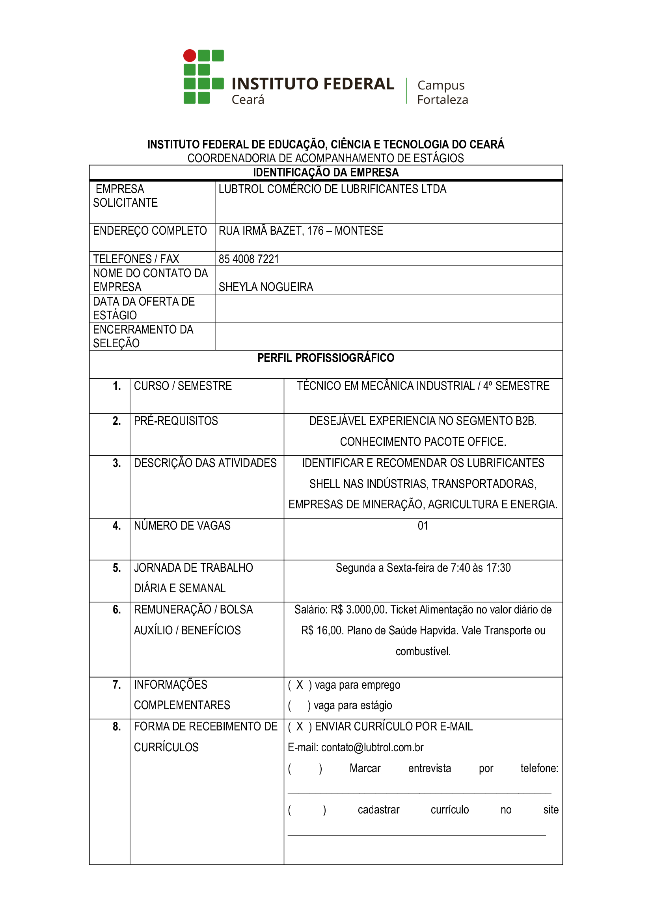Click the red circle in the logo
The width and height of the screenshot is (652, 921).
point(190,56)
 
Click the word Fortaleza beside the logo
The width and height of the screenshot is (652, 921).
point(442,100)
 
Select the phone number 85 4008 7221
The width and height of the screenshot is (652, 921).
point(248,259)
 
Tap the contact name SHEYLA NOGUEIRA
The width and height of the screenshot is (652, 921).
point(266,287)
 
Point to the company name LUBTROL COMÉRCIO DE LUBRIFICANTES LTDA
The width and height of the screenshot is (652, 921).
point(332,189)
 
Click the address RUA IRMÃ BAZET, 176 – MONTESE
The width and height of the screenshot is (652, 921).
point(301,231)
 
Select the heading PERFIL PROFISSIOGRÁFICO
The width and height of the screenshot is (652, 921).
point(326,358)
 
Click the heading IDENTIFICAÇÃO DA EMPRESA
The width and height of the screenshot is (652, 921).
point(326,172)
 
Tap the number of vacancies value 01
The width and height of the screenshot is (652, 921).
point(423,526)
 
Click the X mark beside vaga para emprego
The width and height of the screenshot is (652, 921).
point(300,685)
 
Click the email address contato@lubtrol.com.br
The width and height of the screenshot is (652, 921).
point(372,747)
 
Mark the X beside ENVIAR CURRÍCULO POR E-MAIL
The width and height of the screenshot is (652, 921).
point(300,726)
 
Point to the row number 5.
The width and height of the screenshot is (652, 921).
point(116,568)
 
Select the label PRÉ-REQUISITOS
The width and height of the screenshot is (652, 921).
point(176,421)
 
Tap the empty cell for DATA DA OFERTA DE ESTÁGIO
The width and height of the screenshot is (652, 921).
point(388,308)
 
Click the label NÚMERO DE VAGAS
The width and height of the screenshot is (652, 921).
point(182,526)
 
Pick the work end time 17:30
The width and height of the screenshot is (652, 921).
point(498,568)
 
